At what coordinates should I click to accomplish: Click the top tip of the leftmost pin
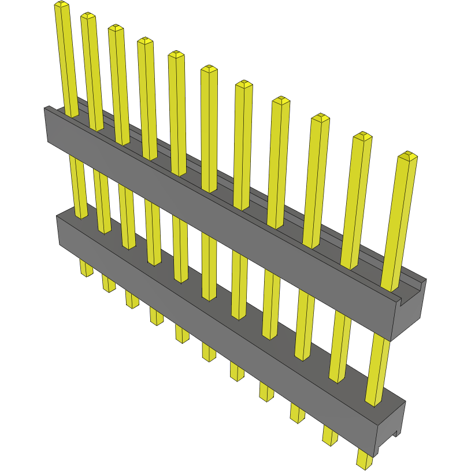point(61,5)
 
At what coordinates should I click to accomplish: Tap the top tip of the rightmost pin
point(407,156)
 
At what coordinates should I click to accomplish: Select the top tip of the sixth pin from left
point(209,69)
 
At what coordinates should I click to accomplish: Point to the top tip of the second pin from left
point(88,16)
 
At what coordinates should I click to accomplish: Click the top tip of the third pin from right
point(320,118)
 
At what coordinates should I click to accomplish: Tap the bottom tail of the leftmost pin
point(86,268)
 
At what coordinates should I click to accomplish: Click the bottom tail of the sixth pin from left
point(209,350)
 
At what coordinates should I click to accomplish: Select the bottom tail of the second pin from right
point(330,435)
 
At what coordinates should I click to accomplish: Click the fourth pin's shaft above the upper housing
point(147,98)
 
